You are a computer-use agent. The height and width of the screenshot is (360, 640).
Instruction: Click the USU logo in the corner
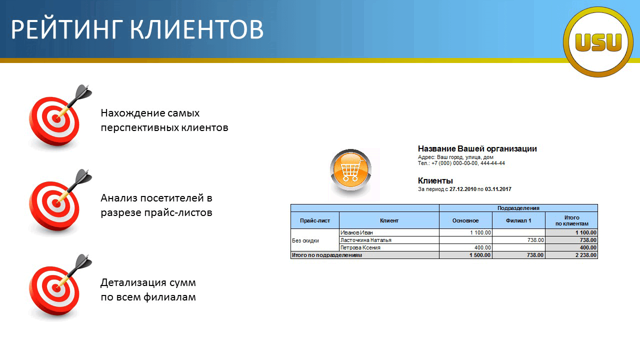pos(598,42)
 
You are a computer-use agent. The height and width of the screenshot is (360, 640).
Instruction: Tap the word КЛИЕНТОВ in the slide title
pos(196,29)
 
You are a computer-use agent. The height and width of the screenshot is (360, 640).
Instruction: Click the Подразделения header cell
pos(518,208)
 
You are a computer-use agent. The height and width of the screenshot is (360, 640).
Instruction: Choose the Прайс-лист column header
pos(315,220)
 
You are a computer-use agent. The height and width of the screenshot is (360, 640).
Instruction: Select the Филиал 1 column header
pos(518,220)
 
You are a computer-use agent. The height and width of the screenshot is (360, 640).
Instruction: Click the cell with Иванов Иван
pos(389,232)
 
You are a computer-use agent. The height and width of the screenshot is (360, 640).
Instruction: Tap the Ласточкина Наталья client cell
pos(389,240)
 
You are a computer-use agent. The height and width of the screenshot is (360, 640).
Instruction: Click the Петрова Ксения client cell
pos(389,247)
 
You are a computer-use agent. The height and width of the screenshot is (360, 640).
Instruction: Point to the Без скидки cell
pos(315,240)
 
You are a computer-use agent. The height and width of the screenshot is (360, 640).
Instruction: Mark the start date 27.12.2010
pos(463,189)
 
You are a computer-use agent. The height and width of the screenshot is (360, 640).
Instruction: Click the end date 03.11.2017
pos(498,189)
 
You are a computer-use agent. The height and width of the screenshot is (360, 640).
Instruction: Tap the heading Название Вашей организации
pos(477,148)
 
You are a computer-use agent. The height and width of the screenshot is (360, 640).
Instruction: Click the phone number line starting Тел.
pos(461,163)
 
